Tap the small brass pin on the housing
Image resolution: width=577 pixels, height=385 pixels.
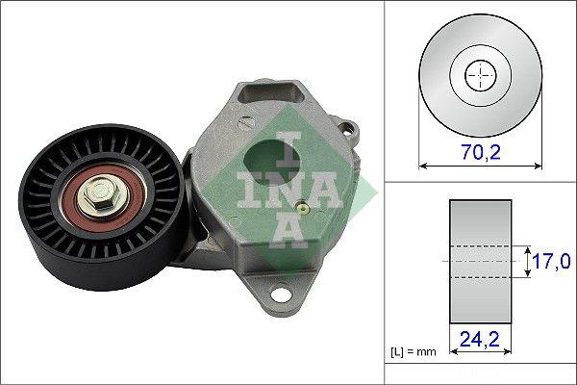[301, 206]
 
